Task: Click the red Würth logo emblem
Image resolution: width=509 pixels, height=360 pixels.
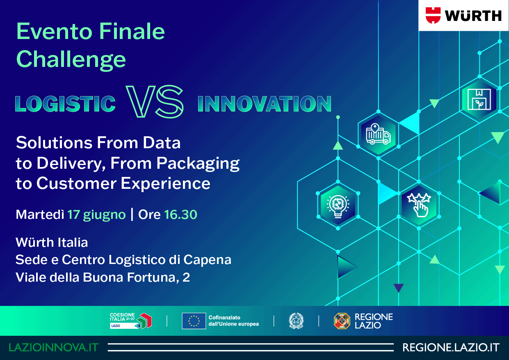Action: (x=433, y=15)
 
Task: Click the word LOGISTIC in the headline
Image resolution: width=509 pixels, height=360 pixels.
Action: (x=66, y=104)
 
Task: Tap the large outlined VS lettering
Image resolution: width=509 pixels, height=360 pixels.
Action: (x=155, y=102)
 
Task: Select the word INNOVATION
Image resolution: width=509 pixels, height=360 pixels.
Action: (x=265, y=104)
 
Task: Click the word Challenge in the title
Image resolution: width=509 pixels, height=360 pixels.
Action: (x=71, y=60)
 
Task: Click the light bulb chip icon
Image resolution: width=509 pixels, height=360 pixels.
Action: (x=338, y=206)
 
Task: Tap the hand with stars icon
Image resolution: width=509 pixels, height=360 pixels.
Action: (x=419, y=205)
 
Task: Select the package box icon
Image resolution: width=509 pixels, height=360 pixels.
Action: (x=479, y=99)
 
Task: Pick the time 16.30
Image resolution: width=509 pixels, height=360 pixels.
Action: (x=180, y=214)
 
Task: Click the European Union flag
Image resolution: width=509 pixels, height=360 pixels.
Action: (x=194, y=321)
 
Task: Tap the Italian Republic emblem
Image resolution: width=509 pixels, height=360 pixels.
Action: (x=296, y=321)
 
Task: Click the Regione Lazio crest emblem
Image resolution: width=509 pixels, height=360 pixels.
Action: (x=342, y=321)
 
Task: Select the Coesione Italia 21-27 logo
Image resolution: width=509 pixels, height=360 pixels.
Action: (x=131, y=321)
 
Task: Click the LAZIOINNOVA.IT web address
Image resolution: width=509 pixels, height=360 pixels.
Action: (x=54, y=348)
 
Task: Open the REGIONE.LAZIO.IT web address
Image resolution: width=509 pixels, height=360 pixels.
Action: (x=451, y=348)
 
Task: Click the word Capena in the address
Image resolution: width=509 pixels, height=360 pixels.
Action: (x=207, y=260)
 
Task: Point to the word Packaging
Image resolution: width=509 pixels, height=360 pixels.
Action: (x=198, y=164)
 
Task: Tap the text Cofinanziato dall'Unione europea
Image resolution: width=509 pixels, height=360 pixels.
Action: (x=234, y=321)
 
